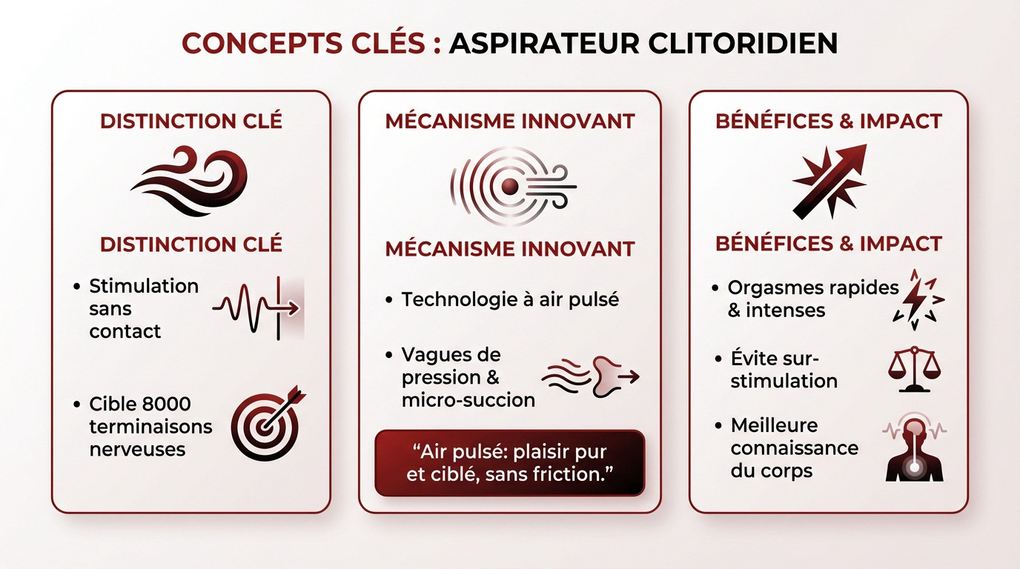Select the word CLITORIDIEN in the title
point(743,43)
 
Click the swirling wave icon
point(191,182)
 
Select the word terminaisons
point(150,427)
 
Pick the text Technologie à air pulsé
point(510,299)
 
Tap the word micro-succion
point(468,400)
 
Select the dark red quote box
point(510,463)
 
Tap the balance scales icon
point(916,368)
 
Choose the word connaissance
point(795,448)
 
